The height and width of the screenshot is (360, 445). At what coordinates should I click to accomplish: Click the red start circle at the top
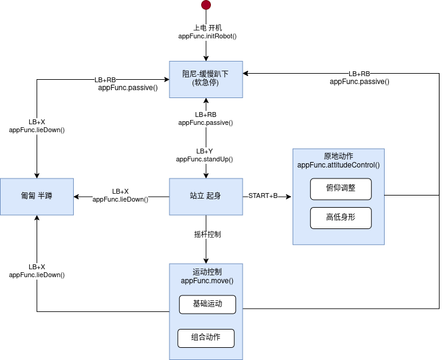(206, 5)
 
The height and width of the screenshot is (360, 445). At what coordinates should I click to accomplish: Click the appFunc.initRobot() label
(207, 37)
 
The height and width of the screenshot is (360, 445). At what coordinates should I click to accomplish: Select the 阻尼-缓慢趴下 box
(206, 79)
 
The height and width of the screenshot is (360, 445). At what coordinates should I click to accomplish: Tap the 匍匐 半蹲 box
(37, 196)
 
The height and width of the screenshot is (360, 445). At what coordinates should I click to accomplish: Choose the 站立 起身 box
(206, 196)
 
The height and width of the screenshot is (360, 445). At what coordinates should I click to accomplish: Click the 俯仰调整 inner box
(340, 189)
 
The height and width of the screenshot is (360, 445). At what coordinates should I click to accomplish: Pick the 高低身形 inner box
(340, 217)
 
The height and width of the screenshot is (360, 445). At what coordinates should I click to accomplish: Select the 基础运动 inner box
(207, 304)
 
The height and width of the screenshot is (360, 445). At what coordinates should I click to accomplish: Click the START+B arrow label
(263, 196)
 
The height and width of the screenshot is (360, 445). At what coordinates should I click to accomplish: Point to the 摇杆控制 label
(206, 235)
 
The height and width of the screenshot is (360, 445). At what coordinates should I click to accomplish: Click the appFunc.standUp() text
(205, 159)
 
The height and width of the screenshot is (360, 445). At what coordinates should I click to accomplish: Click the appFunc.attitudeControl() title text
(338, 164)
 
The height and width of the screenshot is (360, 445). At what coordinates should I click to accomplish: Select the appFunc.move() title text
(207, 280)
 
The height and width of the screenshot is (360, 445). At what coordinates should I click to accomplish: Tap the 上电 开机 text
(207, 28)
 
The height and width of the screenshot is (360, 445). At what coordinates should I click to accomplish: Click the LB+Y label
(205, 151)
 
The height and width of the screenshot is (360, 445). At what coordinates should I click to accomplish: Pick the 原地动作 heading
(338, 156)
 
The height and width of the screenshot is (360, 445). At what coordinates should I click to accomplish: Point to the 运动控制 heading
(207, 272)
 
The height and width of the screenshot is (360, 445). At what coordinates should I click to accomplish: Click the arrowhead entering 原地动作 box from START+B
(289, 196)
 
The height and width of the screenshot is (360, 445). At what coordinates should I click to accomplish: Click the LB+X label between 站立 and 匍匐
(120, 191)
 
